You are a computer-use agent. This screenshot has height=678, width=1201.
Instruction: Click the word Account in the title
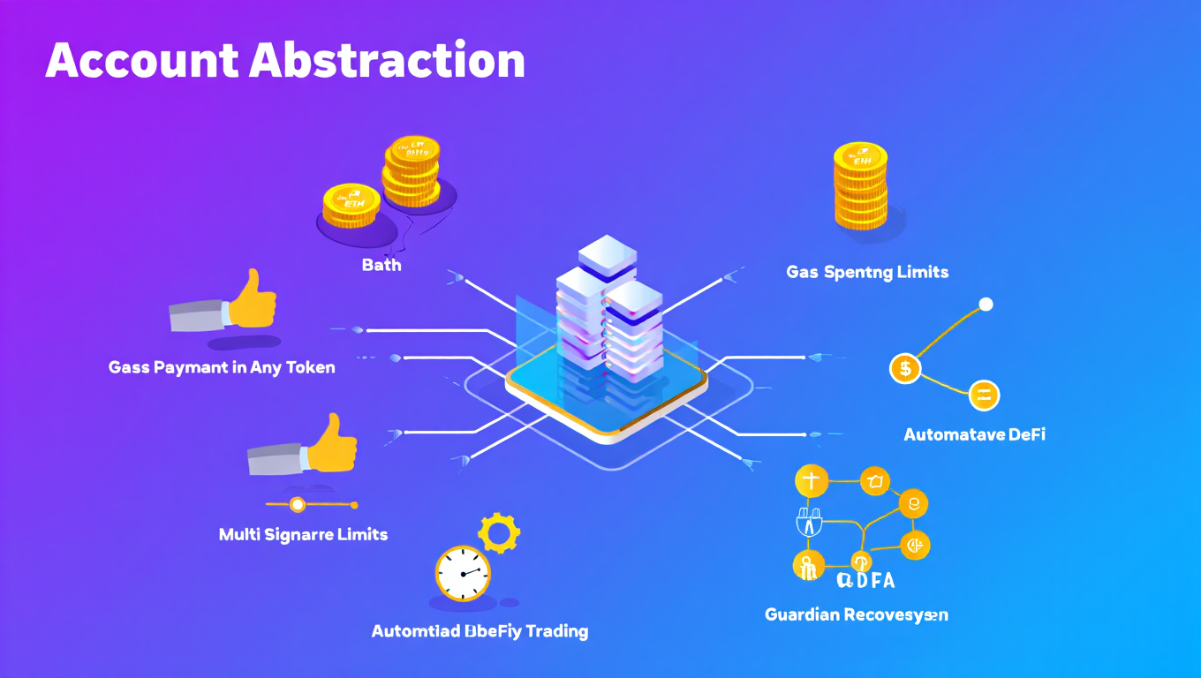pyautogui.click(x=141, y=61)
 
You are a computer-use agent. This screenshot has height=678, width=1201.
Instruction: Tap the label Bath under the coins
pyautogui.click(x=381, y=264)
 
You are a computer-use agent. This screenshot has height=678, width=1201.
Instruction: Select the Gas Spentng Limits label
pyautogui.click(x=867, y=272)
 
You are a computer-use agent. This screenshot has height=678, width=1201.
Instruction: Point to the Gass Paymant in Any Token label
pyautogui.click(x=222, y=367)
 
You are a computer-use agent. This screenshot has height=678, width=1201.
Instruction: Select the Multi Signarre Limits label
pyautogui.click(x=303, y=534)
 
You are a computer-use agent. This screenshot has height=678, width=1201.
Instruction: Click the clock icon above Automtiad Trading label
pyautogui.click(x=463, y=574)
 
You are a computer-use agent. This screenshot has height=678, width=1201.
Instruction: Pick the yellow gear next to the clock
pyautogui.click(x=498, y=532)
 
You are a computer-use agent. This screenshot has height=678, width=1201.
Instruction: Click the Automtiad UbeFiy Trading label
pyautogui.click(x=480, y=631)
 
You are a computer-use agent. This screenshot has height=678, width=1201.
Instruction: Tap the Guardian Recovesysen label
pyautogui.click(x=856, y=614)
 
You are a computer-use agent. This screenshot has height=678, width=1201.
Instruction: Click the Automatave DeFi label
pyautogui.click(x=974, y=434)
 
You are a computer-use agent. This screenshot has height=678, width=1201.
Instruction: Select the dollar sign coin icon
pyautogui.click(x=905, y=368)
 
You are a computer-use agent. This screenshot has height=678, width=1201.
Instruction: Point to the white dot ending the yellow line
pyautogui.click(x=986, y=305)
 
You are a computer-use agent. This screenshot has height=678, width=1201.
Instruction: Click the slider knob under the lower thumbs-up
pyautogui.click(x=298, y=505)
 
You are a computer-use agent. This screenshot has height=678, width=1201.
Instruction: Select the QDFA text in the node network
pyautogui.click(x=865, y=580)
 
